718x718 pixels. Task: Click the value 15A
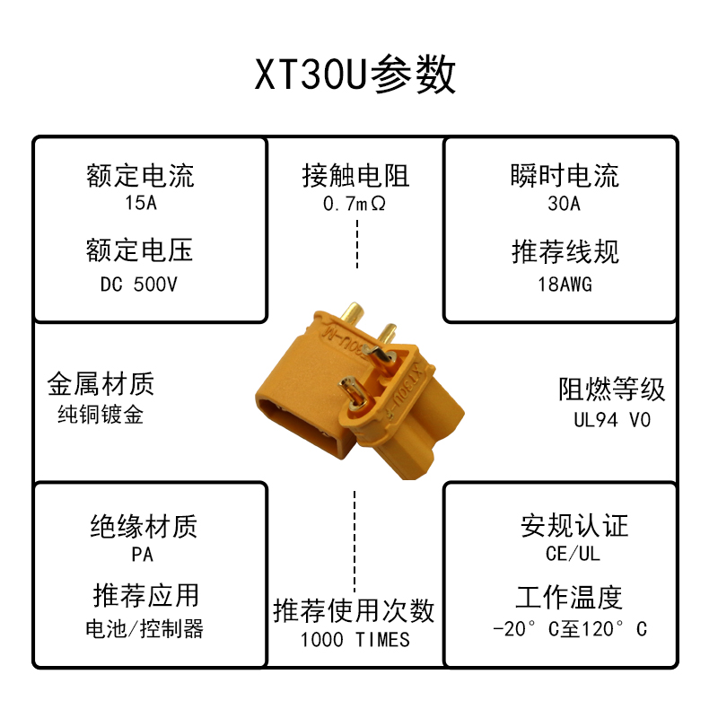[x=141, y=203]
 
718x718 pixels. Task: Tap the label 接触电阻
[x=355, y=176]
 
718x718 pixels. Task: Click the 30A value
[x=565, y=204]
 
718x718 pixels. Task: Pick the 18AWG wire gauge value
[x=565, y=285]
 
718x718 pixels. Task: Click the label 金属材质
[x=101, y=385]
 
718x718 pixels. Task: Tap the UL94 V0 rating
[x=612, y=419]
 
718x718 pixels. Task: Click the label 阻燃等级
[x=612, y=390]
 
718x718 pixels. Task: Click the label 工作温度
[x=569, y=597]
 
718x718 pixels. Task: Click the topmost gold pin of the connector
[x=352, y=313]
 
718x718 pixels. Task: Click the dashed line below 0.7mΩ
[x=356, y=244]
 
